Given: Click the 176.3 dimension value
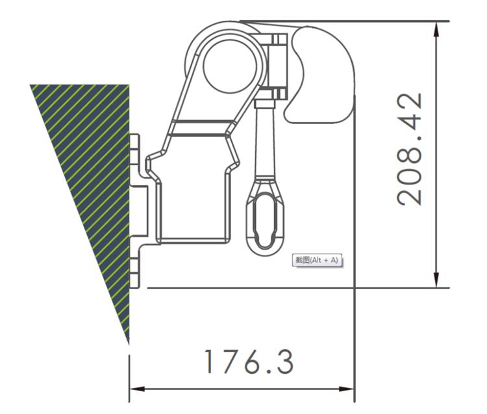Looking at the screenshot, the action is (249, 361).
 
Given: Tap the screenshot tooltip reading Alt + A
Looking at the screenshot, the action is (317, 260).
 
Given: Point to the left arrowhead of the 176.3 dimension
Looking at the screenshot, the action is (137, 389).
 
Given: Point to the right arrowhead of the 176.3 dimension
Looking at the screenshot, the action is (346, 389).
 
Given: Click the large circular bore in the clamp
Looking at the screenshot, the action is (230, 67).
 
